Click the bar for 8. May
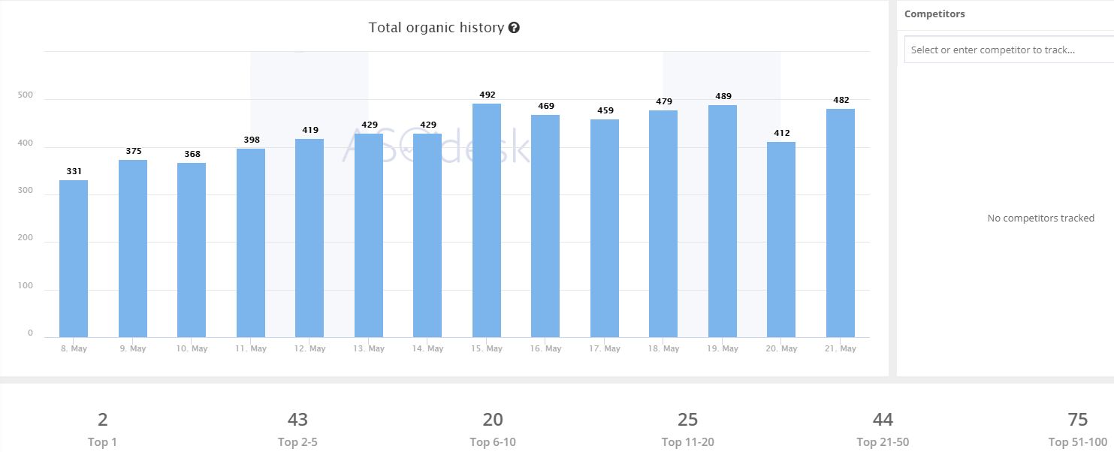[74, 258]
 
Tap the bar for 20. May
[781, 240]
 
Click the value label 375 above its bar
[133, 151]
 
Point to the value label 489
[723, 96]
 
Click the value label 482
[841, 100]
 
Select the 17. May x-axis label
[605, 348]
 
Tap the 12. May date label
[309, 348]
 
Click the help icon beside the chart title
[514, 28]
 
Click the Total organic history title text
[436, 28]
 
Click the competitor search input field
[1007, 50]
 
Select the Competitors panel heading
[934, 14]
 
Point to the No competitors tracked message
[1040, 218]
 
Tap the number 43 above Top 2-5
[297, 419]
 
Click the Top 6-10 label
[493, 442]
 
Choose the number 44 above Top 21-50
[883, 419]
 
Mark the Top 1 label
[103, 442]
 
